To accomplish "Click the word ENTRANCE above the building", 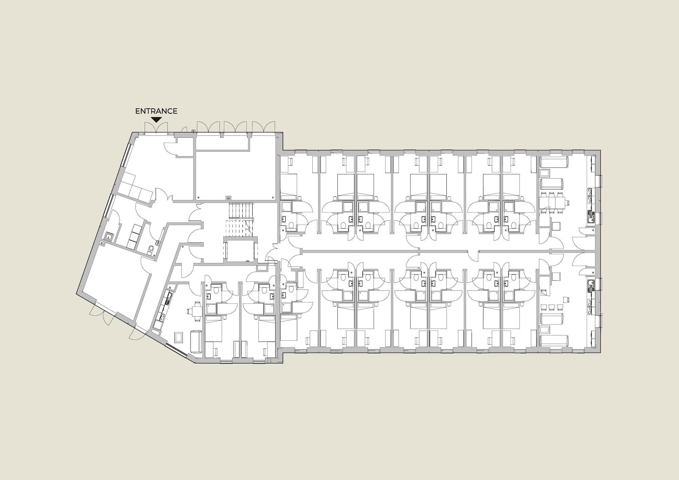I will tap(156, 111).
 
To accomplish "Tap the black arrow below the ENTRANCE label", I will tap(156, 120).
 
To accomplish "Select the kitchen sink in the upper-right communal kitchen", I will tap(590, 197).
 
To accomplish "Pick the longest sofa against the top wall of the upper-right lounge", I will tap(554, 162).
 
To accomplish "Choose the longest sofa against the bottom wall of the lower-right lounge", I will tap(554, 340).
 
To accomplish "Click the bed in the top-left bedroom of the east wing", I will tap(289, 187).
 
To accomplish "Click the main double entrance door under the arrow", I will tap(156, 128).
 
